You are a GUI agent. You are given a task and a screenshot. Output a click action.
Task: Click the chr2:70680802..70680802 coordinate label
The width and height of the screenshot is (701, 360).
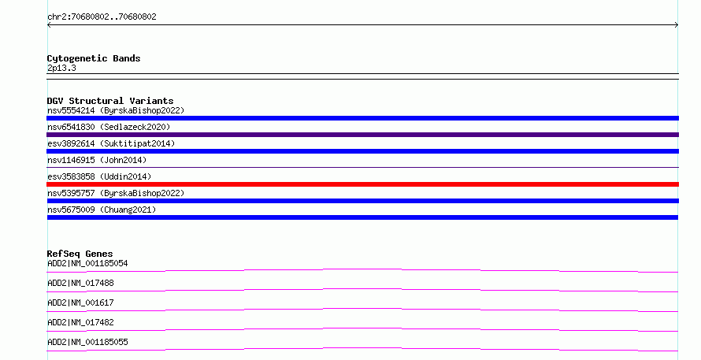click(x=102, y=17)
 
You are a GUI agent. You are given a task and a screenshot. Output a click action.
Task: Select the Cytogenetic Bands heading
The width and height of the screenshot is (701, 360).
click(x=94, y=58)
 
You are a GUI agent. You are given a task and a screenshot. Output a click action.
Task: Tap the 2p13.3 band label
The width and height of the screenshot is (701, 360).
click(x=61, y=68)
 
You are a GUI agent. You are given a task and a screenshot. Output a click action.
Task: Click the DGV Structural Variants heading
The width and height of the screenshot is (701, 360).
click(x=110, y=101)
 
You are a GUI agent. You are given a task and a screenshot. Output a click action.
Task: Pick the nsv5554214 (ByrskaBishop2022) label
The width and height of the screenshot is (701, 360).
click(x=116, y=110)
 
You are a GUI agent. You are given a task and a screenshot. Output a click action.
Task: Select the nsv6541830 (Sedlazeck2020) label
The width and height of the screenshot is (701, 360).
click(x=109, y=127)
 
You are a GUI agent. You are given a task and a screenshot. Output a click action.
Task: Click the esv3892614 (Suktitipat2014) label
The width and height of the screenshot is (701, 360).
click(x=111, y=143)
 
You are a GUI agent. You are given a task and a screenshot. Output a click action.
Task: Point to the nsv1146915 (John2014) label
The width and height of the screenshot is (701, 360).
click(x=97, y=160)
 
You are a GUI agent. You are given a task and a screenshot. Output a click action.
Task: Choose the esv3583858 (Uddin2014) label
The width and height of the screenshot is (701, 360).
click(x=99, y=176)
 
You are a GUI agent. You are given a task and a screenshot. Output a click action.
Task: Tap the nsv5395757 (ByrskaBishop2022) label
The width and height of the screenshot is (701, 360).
click(x=116, y=193)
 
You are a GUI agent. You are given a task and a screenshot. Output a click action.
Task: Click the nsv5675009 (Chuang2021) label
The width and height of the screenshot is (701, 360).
click(x=102, y=210)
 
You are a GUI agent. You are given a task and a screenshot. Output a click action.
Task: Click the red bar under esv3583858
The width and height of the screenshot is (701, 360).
click(x=362, y=184)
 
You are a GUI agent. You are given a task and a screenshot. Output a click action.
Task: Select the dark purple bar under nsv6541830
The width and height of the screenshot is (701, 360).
click(x=362, y=135)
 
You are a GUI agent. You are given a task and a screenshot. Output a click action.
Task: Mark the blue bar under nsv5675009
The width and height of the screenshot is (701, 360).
click(x=362, y=217)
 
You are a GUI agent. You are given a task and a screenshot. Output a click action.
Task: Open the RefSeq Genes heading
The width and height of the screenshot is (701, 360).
click(x=80, y=254)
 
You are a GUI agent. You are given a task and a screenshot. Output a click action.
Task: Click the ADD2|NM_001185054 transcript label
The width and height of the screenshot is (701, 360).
click(x=87, y=263)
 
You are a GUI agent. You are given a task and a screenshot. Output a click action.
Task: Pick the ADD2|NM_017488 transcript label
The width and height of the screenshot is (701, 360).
click(x=80, y=283)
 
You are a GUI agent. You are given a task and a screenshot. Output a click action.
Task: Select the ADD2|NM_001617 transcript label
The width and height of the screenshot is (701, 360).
click(x=80, y=302)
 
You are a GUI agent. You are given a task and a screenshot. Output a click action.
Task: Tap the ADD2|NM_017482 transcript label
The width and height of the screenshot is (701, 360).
click(x=80, y=322)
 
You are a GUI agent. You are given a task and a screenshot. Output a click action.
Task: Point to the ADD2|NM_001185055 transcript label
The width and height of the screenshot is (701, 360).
click(x=87, y=342)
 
